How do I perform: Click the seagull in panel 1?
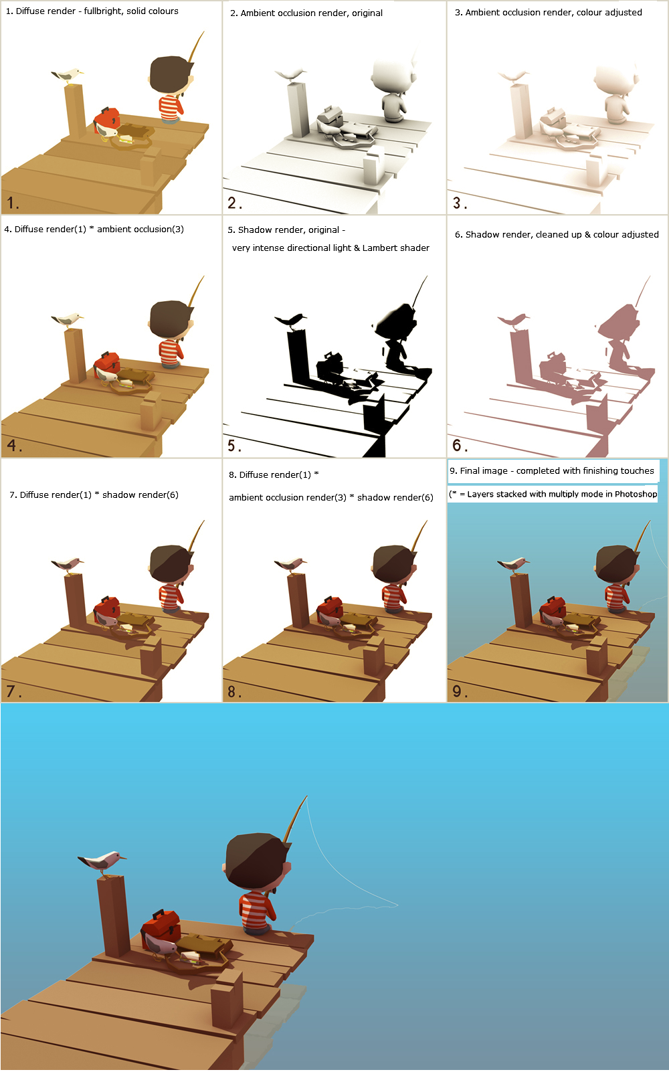pos(68,76)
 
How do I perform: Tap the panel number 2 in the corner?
pos(235,203)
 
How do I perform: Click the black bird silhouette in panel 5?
pos(290,320)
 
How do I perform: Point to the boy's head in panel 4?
pos(171,319)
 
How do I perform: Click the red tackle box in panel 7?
pos(107,608)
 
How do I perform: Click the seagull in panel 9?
pos(514,563)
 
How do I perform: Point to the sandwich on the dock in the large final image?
pos(189,957)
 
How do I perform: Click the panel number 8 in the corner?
pos(234,691)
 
